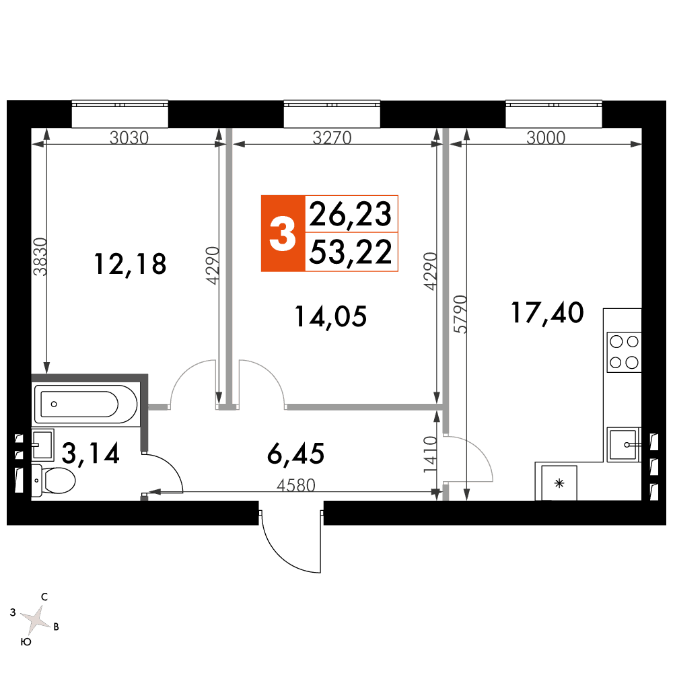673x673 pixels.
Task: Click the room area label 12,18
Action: pyautogui.click(x=130, y=264)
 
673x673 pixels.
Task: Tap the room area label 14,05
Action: pyautogui.click(x=330, y=317)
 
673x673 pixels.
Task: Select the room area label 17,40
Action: pyautogui.click(x=547, y=312)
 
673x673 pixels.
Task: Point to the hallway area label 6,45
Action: pyautogui.click(x=295, y=454)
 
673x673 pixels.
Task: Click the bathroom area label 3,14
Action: pyautogui.click(x=91, y=453)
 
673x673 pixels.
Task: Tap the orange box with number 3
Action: pyautogui.click(x=283, y=234)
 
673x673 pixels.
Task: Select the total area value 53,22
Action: pyautogui.click(x=351, y=252)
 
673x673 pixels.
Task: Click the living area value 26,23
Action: pyautogui.click(x=350, y=214)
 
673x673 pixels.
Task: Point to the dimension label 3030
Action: pyautogui.click(x=129, y=138)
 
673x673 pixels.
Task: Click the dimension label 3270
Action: pyautogui.click(x=332, y=138)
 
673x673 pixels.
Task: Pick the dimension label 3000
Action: pyautogui.click(x=546, y=138)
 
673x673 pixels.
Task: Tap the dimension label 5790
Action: pyautogui.click(x=460, y=314)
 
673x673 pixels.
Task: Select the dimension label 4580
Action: pyautogui.click(x=296, y=485)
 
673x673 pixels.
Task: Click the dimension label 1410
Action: pyautogui.click(x=430, y=455)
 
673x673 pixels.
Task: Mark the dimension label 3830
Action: pyautogui.click(x=40, y=256)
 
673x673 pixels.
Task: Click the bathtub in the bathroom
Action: pyautogui.click(x=86, y=404)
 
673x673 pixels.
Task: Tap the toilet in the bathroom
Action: pyautogui.click(x=53, y=481)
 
